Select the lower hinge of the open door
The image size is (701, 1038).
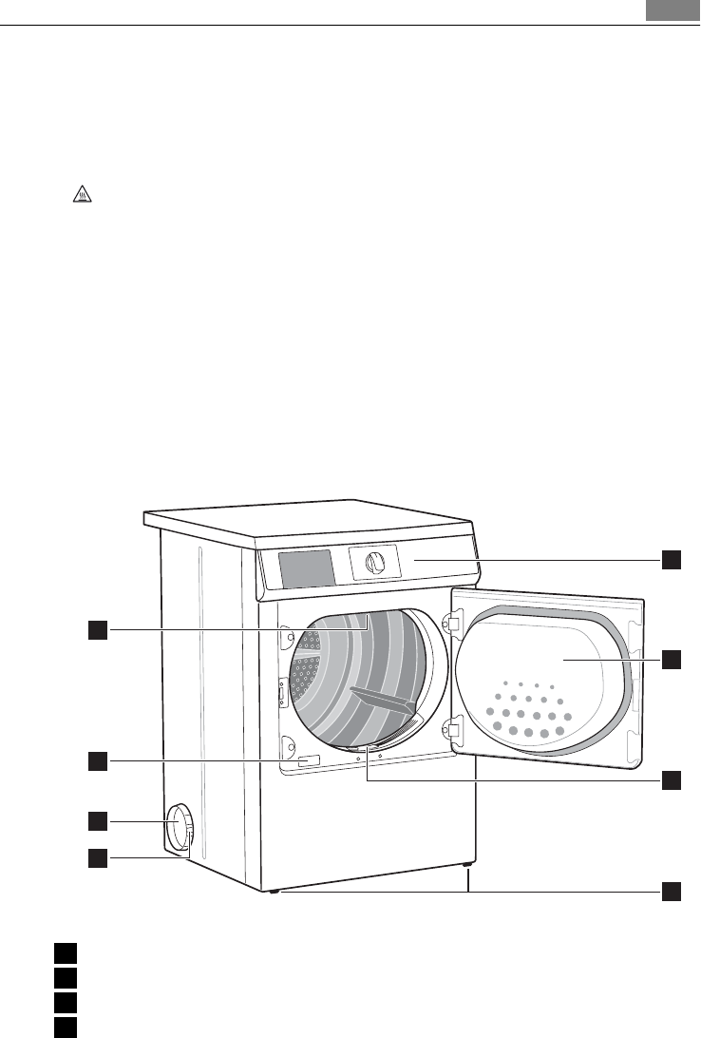(452, 731)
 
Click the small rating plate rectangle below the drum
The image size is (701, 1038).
(308, 762)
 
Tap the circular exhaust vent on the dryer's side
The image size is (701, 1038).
(177, 825)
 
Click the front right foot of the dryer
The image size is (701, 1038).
(468, 865)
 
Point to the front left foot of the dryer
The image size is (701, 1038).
(273, 892)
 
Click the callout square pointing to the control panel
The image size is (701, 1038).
(672, 559)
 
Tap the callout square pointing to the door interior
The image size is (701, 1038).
(672, 658)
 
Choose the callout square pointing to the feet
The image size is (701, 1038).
(672, 892)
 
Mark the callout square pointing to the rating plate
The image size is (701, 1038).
(98, 760)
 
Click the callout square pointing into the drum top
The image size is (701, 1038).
(98, 628)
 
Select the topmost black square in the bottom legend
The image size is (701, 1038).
(64, 952)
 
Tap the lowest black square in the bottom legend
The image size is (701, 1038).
(64, 1027)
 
